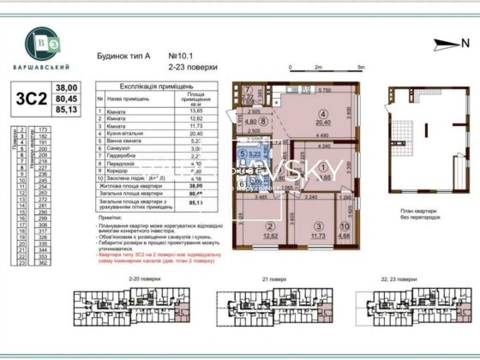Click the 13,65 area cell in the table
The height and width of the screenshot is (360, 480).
[194, 112]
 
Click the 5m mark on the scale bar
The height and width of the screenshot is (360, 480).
[361, 66]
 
